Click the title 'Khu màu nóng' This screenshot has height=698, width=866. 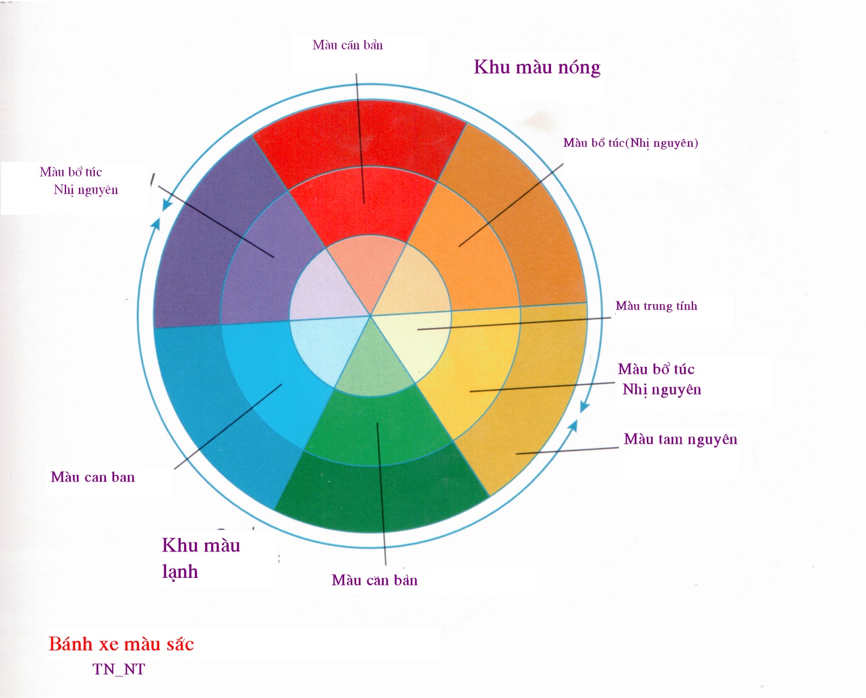click(537, 67)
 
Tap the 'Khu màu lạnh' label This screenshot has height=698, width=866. click(200, 558)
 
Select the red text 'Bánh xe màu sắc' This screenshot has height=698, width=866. click(121, 644)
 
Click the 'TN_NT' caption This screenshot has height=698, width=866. click(119, 669)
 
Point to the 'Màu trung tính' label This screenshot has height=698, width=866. click(656, 306)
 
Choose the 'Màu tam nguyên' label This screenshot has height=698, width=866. click(680, 439)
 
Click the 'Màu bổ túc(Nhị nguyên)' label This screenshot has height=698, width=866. click(631, 143)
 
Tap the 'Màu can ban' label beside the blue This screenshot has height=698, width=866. click(93, 477)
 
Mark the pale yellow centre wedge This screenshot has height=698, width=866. click(417, 341)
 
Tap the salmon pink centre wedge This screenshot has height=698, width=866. click(366, 265)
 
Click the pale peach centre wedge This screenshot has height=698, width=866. click(417, 287)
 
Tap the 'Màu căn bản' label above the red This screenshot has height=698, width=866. click(347, 45)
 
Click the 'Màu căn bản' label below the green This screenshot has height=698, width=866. click(375, 581)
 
